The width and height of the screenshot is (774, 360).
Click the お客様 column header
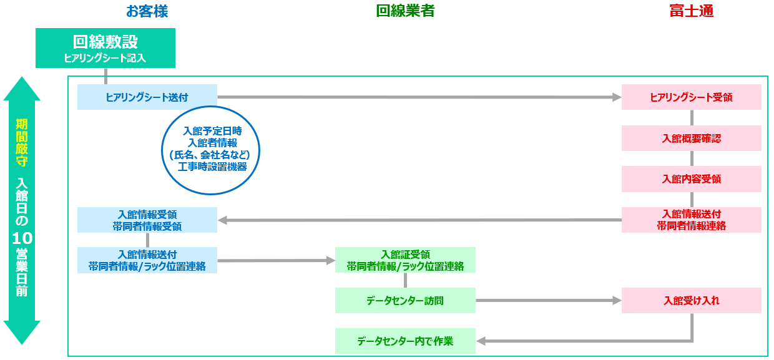(x=147, y=11)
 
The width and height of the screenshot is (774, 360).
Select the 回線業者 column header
(x=405, y=11)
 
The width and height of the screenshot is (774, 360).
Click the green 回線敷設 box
(x=105, y=48)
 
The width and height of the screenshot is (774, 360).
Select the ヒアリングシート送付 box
(x=147, y=97)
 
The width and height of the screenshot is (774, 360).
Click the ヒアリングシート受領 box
(x=691, y=97)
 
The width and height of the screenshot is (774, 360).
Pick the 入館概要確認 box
(x=691, y=139)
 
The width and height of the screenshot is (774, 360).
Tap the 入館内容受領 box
(x=691, y=179)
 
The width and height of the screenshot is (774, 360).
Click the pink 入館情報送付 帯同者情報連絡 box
(x=691, y=220)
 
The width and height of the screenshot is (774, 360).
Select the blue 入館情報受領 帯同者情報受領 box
(x=147, y=220)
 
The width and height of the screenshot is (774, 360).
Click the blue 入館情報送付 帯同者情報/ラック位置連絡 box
(x=147, y=260)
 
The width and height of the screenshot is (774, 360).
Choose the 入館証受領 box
(x=405, y=260)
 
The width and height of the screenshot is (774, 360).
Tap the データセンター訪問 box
(x=405, y=301)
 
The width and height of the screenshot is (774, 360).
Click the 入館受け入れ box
(x=691, y=301)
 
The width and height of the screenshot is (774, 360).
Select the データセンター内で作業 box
(x=405, y=341)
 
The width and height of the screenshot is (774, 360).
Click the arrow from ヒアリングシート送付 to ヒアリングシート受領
(x=418, y=97)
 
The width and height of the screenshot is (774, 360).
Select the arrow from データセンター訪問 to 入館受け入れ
(x=548, y=301)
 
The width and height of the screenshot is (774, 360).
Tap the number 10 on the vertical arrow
(x=22, y=238)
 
